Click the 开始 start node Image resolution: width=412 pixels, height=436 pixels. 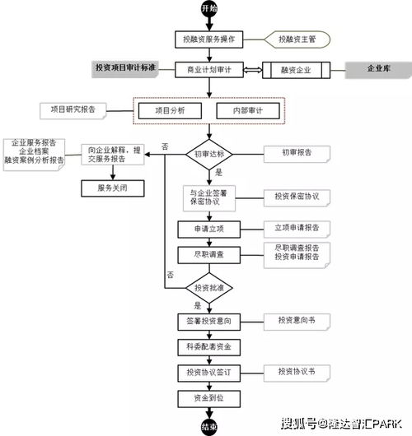pyautogui.click(x=209, y=8)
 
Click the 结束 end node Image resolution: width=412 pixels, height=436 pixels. pyautogui.click(x=209, y=426)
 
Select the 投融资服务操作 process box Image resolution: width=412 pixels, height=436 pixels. pyautogui.click(x=209, y=39)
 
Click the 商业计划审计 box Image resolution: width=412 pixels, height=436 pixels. pyautogui.click(x=209, y=71)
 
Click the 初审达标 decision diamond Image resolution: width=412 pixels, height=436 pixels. pyautogui.click(x=209, y=154)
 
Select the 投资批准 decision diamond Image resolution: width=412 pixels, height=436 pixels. pyautogui.click(x=209, y=288)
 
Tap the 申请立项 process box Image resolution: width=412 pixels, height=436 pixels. pyautogui.click(x=209, y=228)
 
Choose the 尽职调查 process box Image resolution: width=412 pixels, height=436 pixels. pyautogui.click(x=209, y=255)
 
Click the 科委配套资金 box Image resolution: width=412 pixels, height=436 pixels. pyautogui.click(x=209, y=347)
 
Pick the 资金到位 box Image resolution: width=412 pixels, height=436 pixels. pyautogui.click(x=209, y=399)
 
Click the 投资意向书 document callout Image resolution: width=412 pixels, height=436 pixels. pyautogui.click(x=297, y=321)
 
